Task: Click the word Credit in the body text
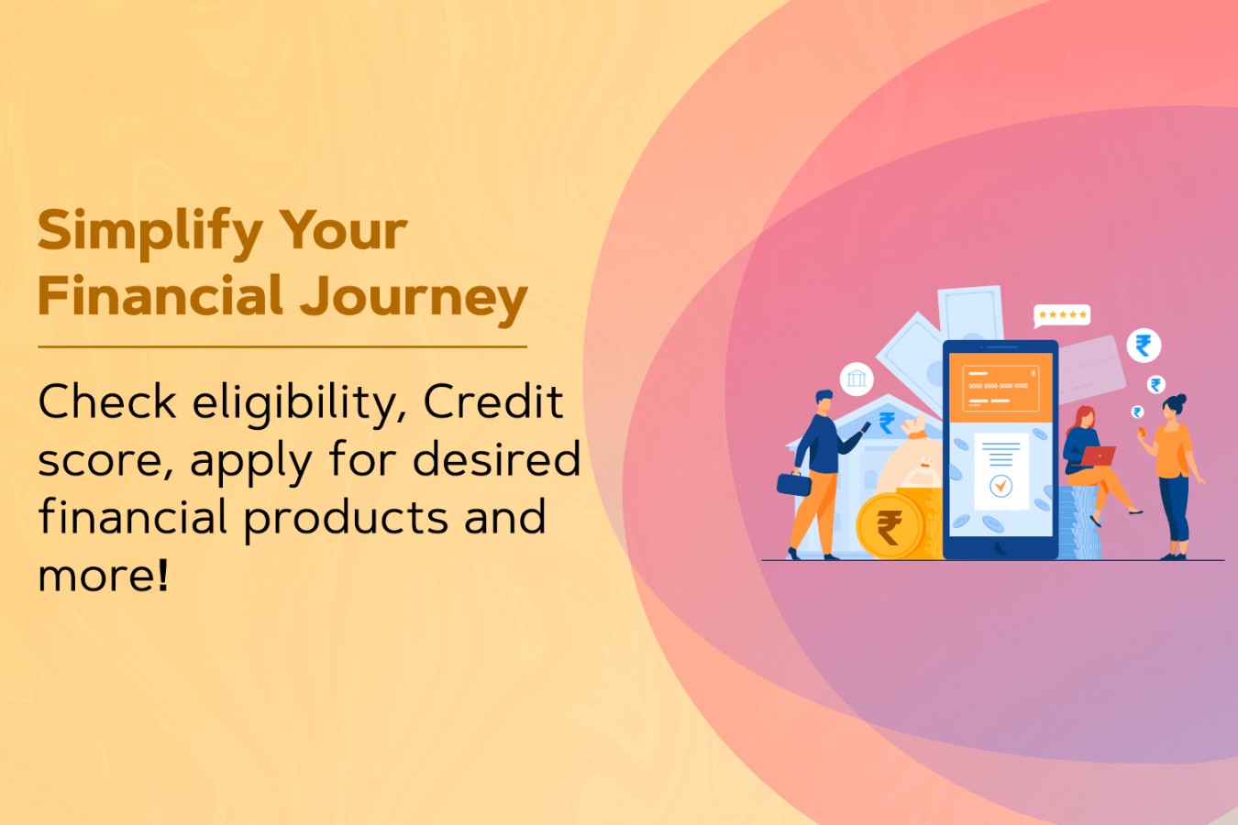(493, 401)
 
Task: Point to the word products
(346, 518)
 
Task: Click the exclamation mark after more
(162, 575)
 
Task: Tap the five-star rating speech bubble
(1062, 315)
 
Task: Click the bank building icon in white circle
(857, 379)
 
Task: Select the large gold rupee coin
(890, 526)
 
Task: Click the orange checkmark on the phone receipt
(1000, 486)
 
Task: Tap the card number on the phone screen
(998, 386)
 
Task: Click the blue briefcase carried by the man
(793, 483)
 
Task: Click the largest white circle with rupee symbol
(1144, 346)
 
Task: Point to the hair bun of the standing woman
(1182, 399)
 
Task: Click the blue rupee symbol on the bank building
(887, 423)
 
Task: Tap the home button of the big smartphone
(1000, 547)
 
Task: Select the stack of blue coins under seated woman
(1080, 523)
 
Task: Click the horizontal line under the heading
(282, 347)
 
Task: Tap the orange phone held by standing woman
(1143, 431)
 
